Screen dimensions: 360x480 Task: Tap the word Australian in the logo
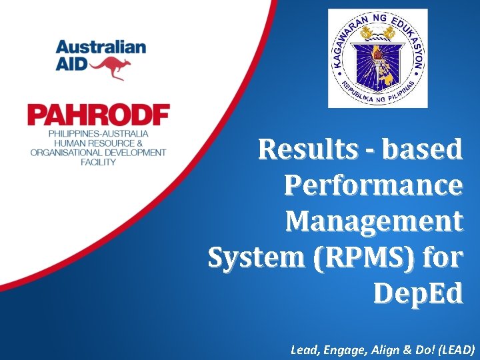tap(101, 47)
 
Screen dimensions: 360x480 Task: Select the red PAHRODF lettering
tap(99, 116)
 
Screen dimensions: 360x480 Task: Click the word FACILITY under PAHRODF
tap(98, 162)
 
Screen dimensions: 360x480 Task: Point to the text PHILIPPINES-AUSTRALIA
tap(98, 134)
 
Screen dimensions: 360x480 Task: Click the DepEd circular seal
tap(377, 58)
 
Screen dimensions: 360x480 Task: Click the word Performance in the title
tap(373, 185)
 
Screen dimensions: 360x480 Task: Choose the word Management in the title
tap(374, 220)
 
